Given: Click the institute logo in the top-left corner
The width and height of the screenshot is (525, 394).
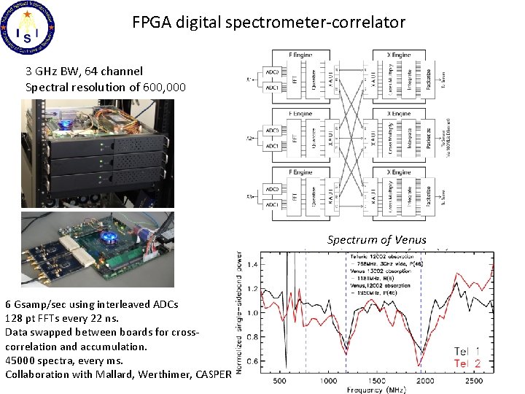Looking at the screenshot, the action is click(x=29, y=28).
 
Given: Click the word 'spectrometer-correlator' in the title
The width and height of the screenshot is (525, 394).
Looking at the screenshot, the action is click(x=329, y=23).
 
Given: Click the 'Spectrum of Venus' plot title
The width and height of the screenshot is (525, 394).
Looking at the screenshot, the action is click(x=376, y=239).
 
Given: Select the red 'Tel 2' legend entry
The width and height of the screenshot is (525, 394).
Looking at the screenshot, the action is click(x=467, y=363).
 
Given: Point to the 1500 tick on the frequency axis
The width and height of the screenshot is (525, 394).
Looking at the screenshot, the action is click(x=376, y=381).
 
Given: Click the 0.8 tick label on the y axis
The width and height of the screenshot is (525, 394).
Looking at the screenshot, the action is click(x=252, y=336).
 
